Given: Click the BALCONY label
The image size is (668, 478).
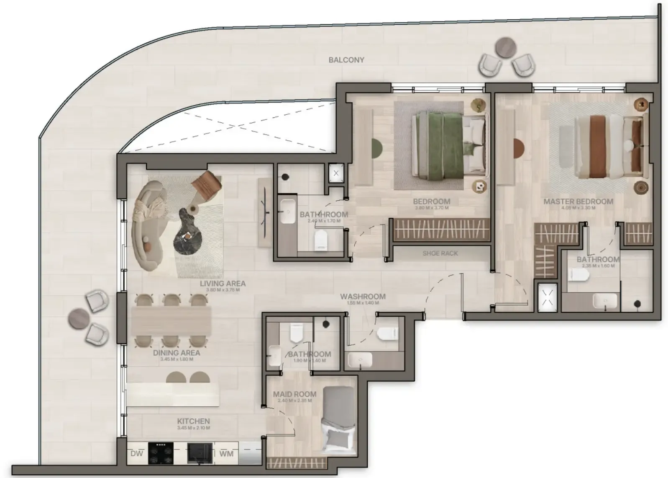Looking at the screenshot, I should coord(346,60).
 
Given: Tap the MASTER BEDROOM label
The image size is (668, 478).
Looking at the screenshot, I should coord(578,202).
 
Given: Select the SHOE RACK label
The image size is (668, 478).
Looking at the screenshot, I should coord(440,253).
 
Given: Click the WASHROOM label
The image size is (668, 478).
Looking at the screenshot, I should coord(363,297).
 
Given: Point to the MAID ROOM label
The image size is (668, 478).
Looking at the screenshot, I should coord(294,394).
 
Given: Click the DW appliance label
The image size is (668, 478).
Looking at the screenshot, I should coord(136,454).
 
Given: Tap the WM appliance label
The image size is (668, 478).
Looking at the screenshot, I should coord(226,454).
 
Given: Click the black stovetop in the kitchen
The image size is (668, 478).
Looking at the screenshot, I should coord(161,453).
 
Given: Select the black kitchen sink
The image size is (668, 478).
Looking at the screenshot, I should coord(200,453).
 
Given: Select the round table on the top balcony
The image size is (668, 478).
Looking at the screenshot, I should coord(505,48).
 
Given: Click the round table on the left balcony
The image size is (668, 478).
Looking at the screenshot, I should coord(78,318).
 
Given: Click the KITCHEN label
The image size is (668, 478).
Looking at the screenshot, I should coord(193,421).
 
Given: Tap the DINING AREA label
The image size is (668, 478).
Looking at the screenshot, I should coord(177,353).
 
